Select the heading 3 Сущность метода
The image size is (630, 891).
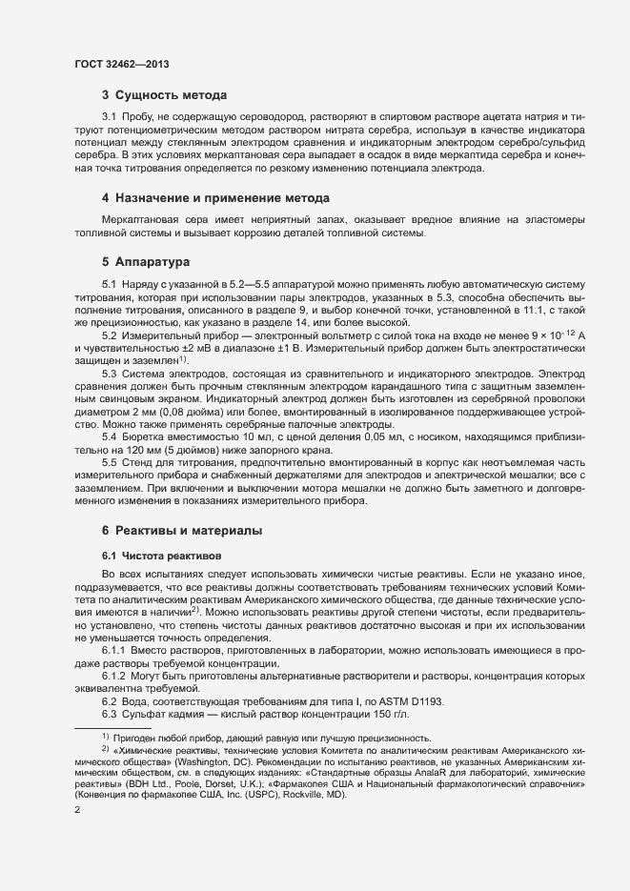coord(164,95)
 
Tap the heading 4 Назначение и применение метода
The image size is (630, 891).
coord(215,198)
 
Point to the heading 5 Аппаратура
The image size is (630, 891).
coord(147,261)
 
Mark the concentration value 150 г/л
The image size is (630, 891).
coord(391,715)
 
